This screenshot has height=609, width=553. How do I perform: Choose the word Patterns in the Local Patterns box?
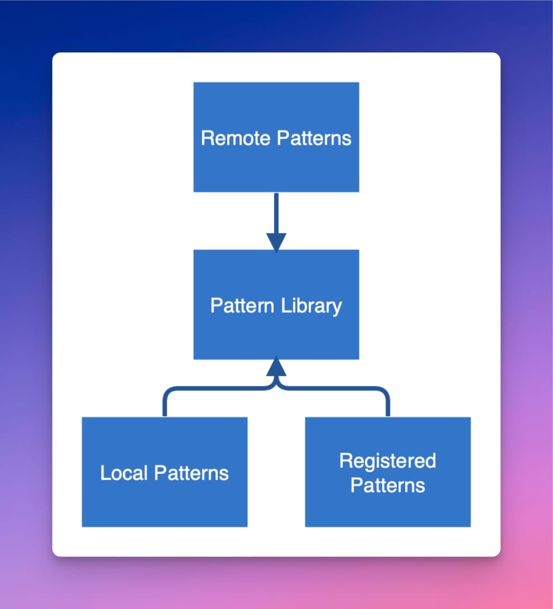click(191, 473)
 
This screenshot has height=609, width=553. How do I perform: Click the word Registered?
click(388, 461)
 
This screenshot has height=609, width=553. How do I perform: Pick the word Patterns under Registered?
click(388, 485)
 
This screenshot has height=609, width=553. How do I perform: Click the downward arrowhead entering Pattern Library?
click(276, 243)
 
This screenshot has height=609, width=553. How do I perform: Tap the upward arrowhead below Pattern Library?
click(276, 367)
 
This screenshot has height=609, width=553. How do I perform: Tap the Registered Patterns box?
click(388, 508)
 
